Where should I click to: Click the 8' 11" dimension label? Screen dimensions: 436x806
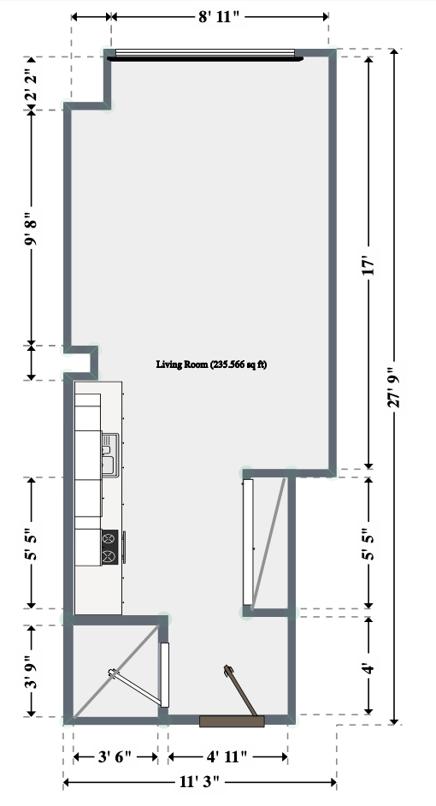pyautogui.click(x=220, y=17)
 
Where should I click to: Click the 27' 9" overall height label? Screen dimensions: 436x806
pyautogui.click(x=394, y=387)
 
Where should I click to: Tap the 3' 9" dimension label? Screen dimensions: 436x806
pyautogui.click(x=32, y=671)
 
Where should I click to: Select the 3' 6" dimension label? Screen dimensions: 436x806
pyautogui.click(x=115, y=756)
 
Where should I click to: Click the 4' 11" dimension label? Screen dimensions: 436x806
pyautogui.click(x=227, y=756)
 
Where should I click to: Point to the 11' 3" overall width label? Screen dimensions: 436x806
pyautogui.click(x=199, y=782)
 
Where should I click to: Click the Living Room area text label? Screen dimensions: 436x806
pyautogui.click(x=211, y=364)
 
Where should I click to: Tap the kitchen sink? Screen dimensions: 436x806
pyautogui.click(x=110, y=455)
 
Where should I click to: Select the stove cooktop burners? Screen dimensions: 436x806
pyautogui.click(x=109, y=547)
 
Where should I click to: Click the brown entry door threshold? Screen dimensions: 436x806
pyautogui.click(x=232, y=721)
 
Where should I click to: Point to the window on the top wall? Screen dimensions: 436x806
pyautogui.click(x=205, y=55)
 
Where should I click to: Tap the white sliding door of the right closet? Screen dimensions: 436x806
pyautogui.click(x=248, y=542)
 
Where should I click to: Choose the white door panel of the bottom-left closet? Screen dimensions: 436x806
pyautogui.click(x=165, y=674)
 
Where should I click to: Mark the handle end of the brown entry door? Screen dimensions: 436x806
pyautogui.click(x=227, y=669)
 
